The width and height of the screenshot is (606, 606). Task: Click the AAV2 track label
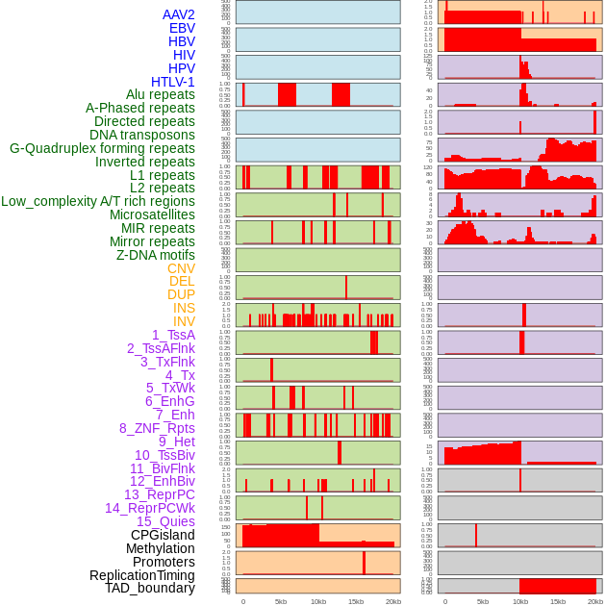point(179,14)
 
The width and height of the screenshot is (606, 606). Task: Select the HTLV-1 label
point(173,82)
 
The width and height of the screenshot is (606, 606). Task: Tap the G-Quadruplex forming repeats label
point(102,148)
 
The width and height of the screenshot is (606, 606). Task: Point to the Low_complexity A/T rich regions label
point(98,201)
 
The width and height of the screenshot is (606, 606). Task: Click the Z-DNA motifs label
point(156,255)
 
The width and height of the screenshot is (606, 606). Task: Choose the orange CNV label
point(181,268)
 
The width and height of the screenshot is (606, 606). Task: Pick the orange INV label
point(184,321)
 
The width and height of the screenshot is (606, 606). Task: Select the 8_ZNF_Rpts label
point(157,428)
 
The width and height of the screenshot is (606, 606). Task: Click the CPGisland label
point(163,535)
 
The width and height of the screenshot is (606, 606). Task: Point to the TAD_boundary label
point(150,588)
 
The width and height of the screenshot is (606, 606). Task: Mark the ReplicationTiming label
point(142,575)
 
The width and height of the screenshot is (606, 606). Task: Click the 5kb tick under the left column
point(281,601)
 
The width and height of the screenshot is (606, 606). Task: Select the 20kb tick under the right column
point(595,601)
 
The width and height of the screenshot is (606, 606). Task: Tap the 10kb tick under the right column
point(520,601)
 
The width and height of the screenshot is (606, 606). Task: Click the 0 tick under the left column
point(243,601)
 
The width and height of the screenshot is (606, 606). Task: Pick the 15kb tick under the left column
point(356,601)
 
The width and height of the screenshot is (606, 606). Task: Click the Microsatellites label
point(152,215)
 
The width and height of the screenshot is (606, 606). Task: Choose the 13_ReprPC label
point(159,494)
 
